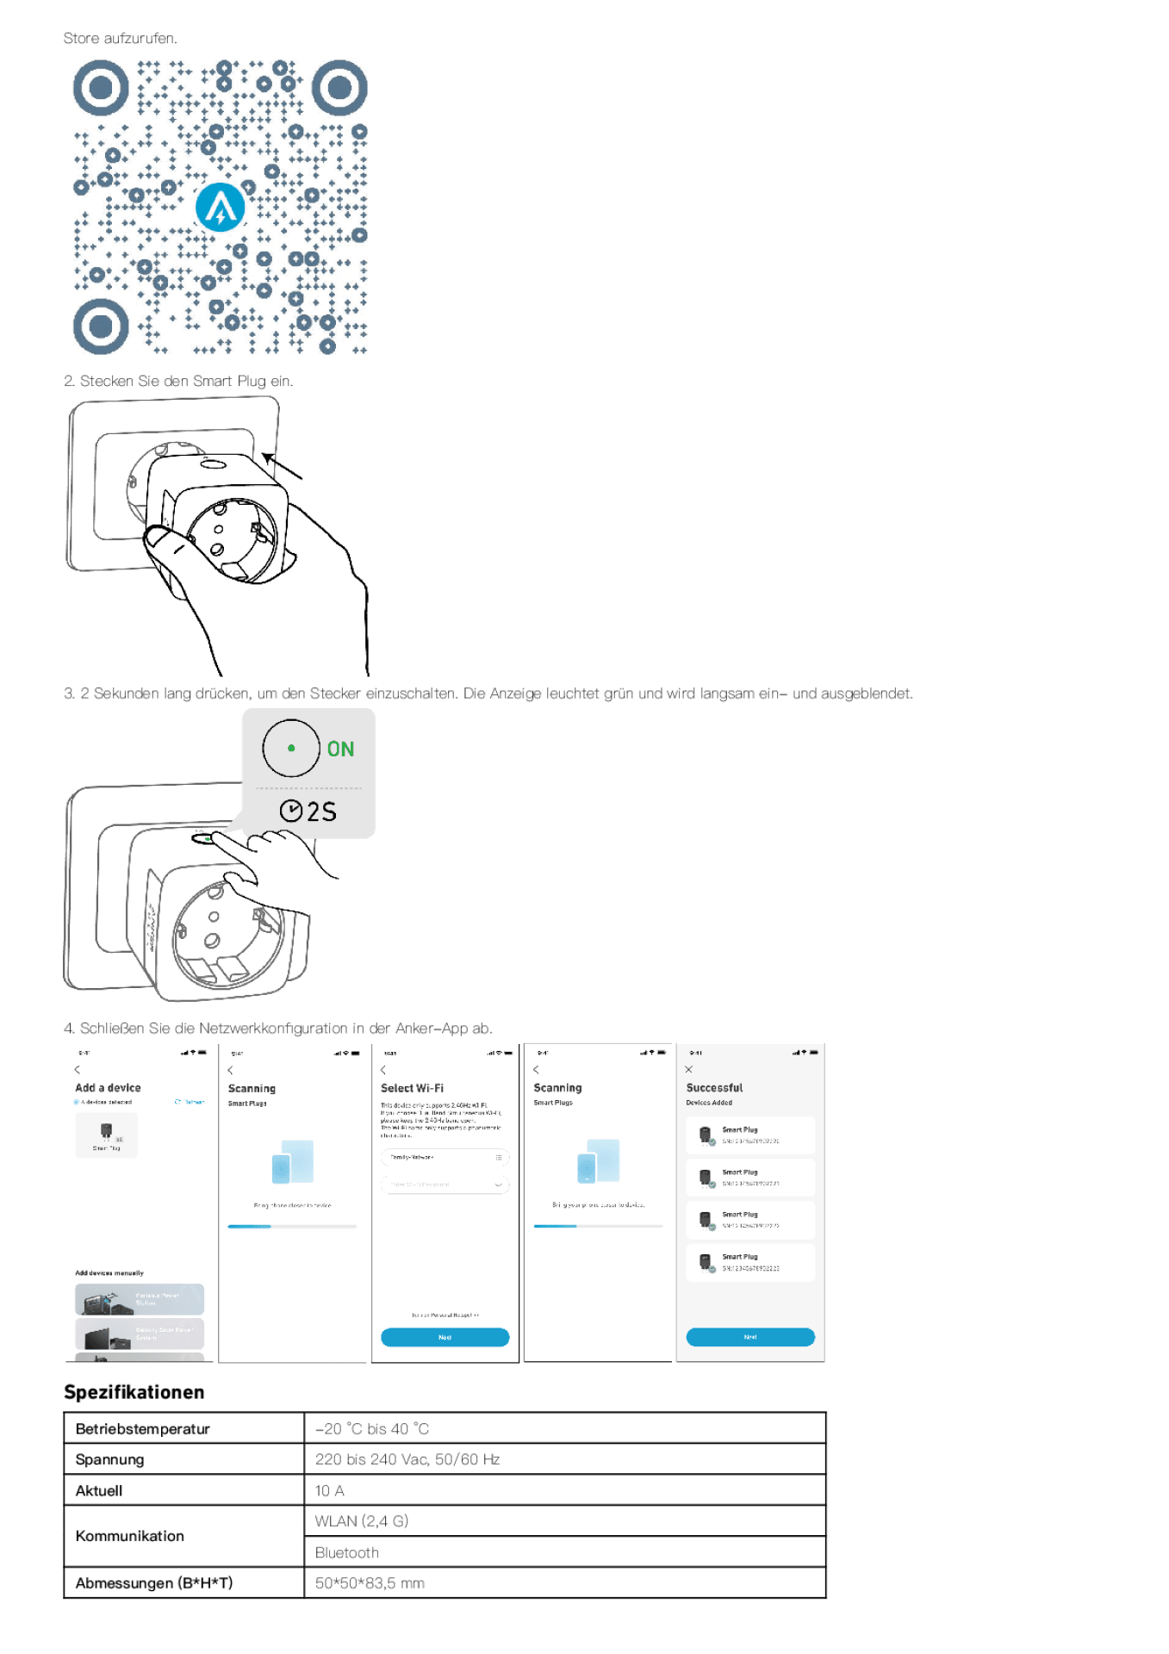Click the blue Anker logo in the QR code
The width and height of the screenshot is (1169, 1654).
point(220,208)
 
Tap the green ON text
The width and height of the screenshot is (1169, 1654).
point(340,749)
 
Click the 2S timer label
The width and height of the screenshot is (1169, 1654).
point(308,811)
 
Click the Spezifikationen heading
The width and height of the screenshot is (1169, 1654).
point(134,1392)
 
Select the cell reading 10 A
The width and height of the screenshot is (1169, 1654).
point(329,1490)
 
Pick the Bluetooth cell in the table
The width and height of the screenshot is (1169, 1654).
point(346,1552)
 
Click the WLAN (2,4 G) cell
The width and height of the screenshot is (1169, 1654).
point(361,1521)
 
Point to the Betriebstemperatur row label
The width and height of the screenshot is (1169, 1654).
point(142,1429)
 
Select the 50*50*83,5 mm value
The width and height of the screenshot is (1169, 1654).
point(369,1583)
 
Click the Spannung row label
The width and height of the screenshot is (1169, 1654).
point(109,1459)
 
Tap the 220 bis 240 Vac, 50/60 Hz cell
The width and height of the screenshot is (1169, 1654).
point(407,1459)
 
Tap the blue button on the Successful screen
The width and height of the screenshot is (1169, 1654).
point(749,1337)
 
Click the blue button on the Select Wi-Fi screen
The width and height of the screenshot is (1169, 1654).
point(445,1337)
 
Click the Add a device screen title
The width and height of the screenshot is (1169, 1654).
point(108,1088)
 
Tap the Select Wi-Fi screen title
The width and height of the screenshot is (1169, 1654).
point(412,1088)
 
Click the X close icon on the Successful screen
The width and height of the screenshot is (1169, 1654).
point(688,1069)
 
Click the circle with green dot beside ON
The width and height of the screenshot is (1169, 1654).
point(291,748)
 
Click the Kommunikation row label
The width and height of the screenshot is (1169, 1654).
point(129,1536)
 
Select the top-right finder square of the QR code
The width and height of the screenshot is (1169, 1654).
point(339,88)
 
